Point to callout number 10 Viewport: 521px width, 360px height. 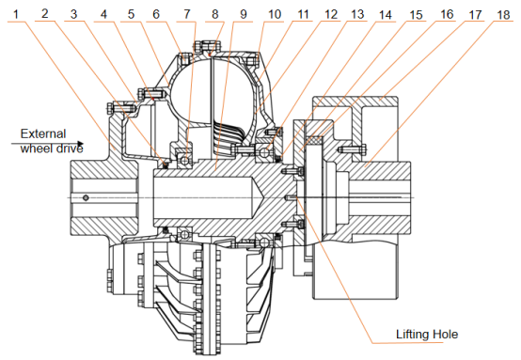coord(275,14)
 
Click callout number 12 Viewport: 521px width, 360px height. coord(331,14)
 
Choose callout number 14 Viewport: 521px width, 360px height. coord(388,14)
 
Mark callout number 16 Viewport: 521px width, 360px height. coord(447,14)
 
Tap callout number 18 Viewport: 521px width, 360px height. coord(504,14)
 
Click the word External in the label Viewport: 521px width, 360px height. coord(43,133)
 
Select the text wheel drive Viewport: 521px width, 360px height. coord(52,148)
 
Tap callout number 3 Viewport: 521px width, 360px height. coord(74,14)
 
